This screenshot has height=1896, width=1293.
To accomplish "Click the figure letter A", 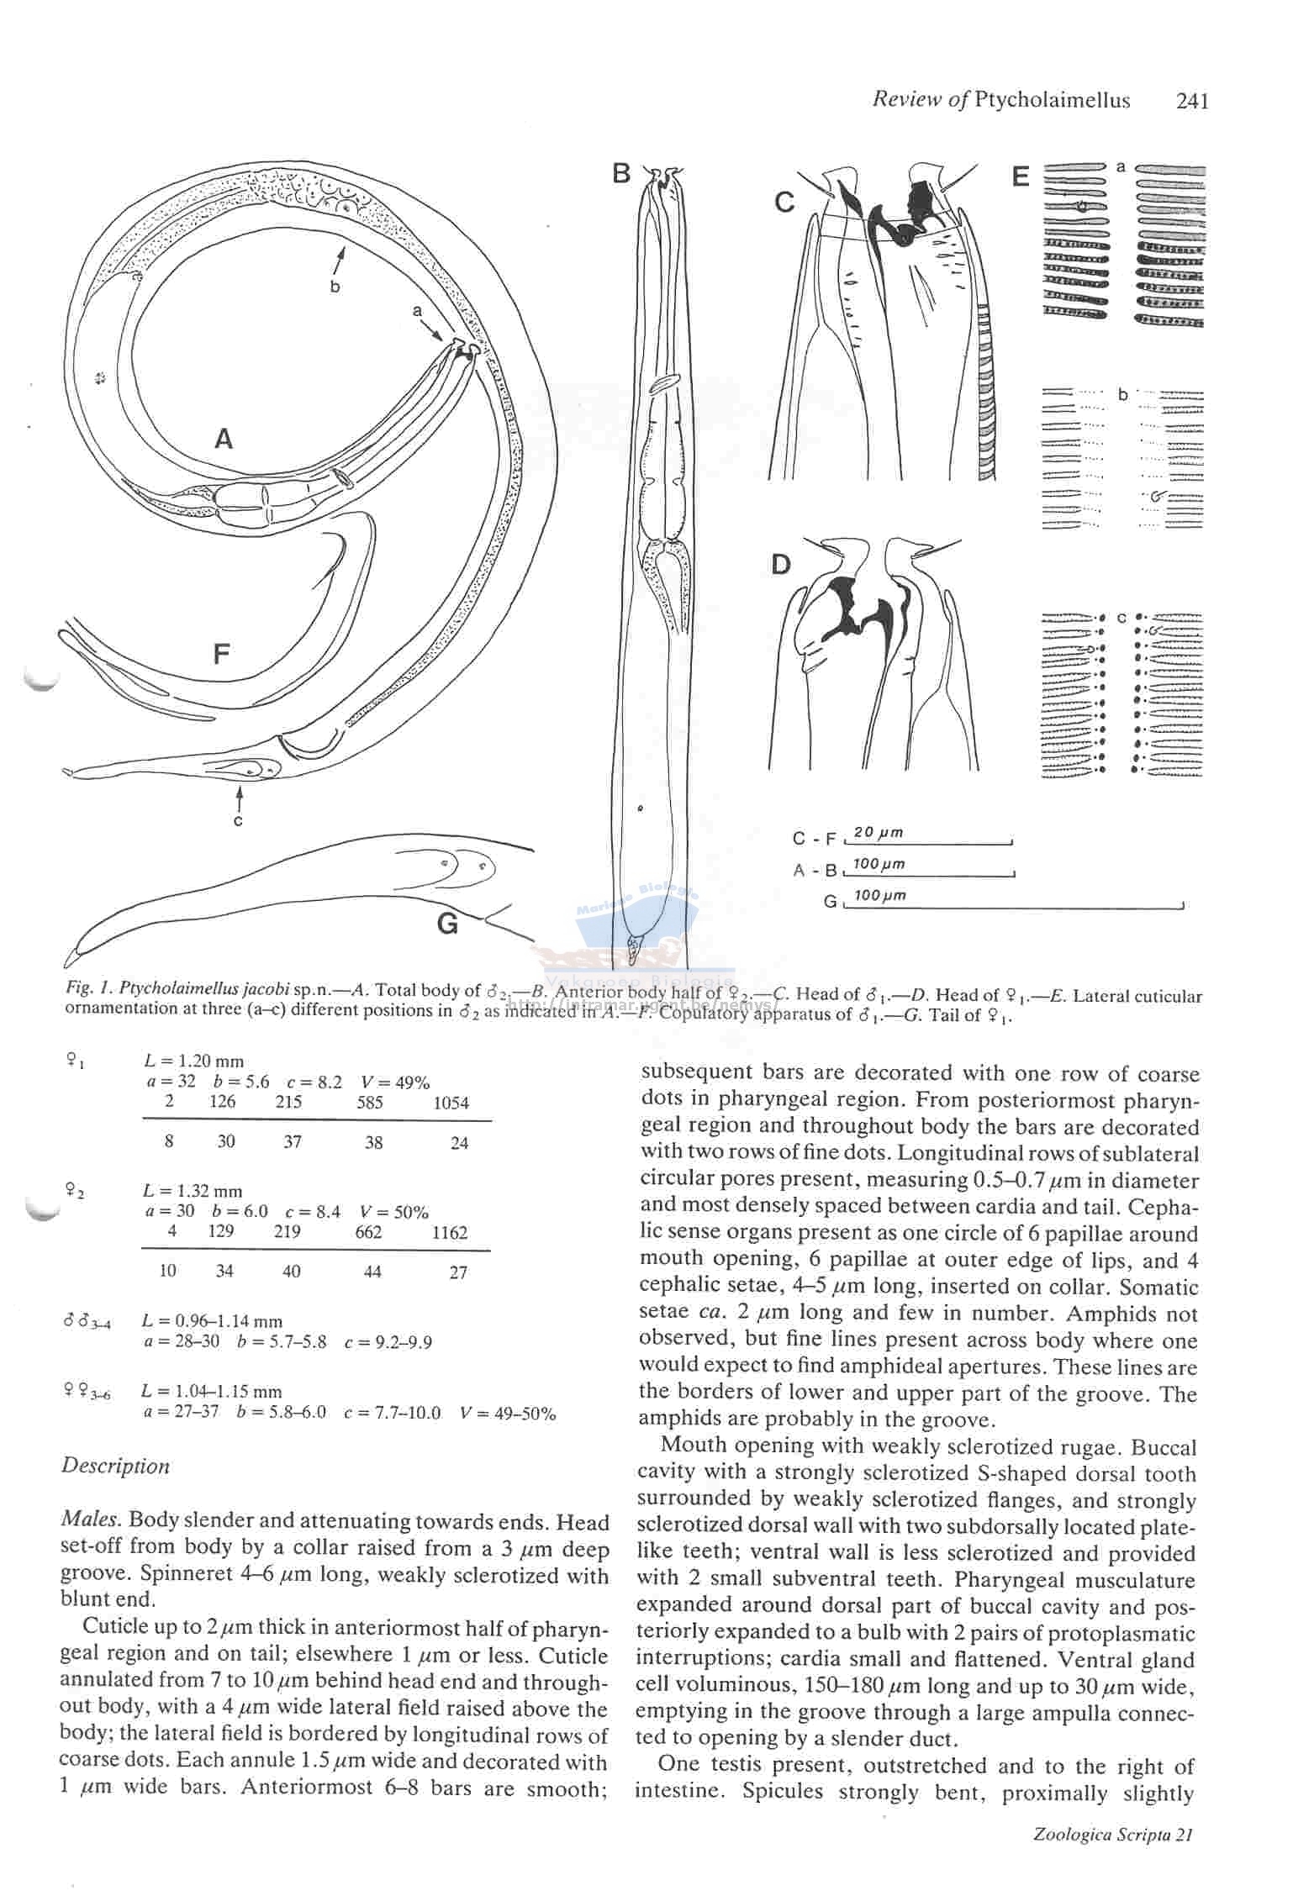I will tap(224, 439).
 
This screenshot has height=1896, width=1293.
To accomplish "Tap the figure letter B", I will tap(621, 173).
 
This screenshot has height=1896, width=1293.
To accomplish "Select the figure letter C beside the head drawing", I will tap(784, 203).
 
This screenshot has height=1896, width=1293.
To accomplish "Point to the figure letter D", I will tap(781, 565).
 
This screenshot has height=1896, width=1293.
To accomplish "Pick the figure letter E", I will tap(1021, 176).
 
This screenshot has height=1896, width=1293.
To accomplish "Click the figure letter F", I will tap(221, 654).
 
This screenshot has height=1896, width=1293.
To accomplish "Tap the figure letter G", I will tap(448, 924).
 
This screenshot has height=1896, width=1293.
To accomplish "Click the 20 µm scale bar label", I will tap(878, 833).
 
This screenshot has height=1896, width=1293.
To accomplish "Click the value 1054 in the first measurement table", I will tap(451, 1103).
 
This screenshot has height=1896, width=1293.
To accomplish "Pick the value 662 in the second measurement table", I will tap(368, 1233).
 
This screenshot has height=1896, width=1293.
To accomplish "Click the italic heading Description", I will tap(115, 1467).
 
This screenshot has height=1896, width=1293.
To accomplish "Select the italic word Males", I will tap(92, 1520).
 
